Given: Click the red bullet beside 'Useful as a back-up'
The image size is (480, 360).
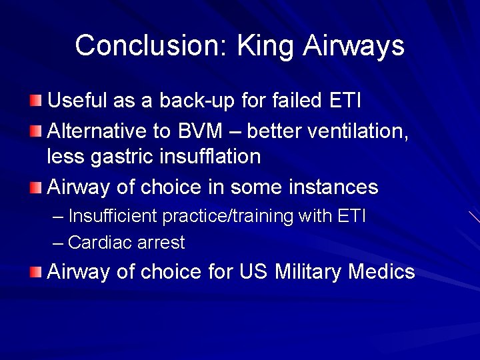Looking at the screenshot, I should (35, 101).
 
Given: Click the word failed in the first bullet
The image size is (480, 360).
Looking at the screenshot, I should (298, 101).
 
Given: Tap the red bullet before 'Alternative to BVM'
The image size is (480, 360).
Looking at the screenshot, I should (35, 131).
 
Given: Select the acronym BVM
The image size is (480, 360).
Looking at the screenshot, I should (216, 131).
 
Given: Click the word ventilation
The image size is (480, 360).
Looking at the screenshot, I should (358, 131).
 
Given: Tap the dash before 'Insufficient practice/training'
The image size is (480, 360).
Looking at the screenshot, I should (58, 217).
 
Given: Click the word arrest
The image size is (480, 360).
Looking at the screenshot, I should (161, 243).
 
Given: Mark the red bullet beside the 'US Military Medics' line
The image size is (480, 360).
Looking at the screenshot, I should (35, 271).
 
